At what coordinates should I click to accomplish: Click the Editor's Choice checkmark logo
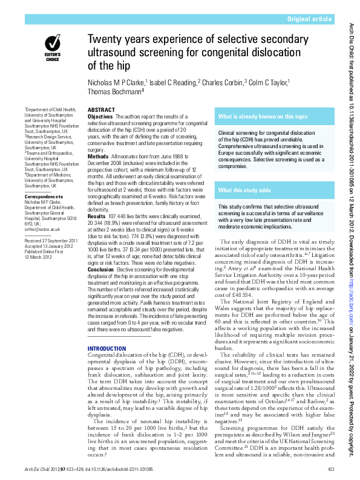click(x=52, y=44)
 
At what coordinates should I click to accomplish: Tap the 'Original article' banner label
click(x=310, y=19)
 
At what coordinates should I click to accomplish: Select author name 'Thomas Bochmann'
click(x=114, y=91)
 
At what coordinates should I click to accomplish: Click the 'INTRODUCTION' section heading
click(x=108, y=349)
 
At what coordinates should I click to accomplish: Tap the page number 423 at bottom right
click(x=330, y=470)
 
